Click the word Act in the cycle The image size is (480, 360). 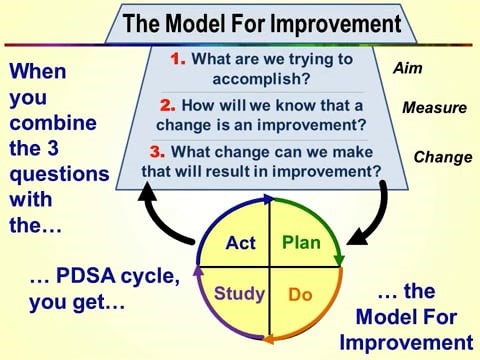click(x=241, y=243)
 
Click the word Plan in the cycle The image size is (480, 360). click(x=301, y=243)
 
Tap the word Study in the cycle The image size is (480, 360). click(x=240, y=294)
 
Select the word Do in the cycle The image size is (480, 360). click(x=301, y=295)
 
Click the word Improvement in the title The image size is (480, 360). click(x=324, y=21)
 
